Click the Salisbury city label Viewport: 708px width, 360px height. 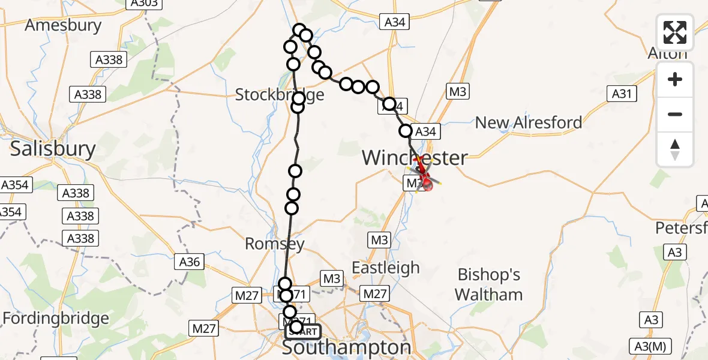53,149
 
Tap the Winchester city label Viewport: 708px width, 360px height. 415,158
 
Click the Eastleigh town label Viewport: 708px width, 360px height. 386,268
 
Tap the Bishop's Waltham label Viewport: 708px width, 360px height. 489,284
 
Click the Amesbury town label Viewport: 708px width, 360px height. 63,25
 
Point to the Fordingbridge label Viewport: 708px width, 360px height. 56,317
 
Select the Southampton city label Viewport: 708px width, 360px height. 346,348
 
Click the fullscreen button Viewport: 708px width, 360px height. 675,32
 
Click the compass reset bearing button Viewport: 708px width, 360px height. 675,149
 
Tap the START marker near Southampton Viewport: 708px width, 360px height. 304,331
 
